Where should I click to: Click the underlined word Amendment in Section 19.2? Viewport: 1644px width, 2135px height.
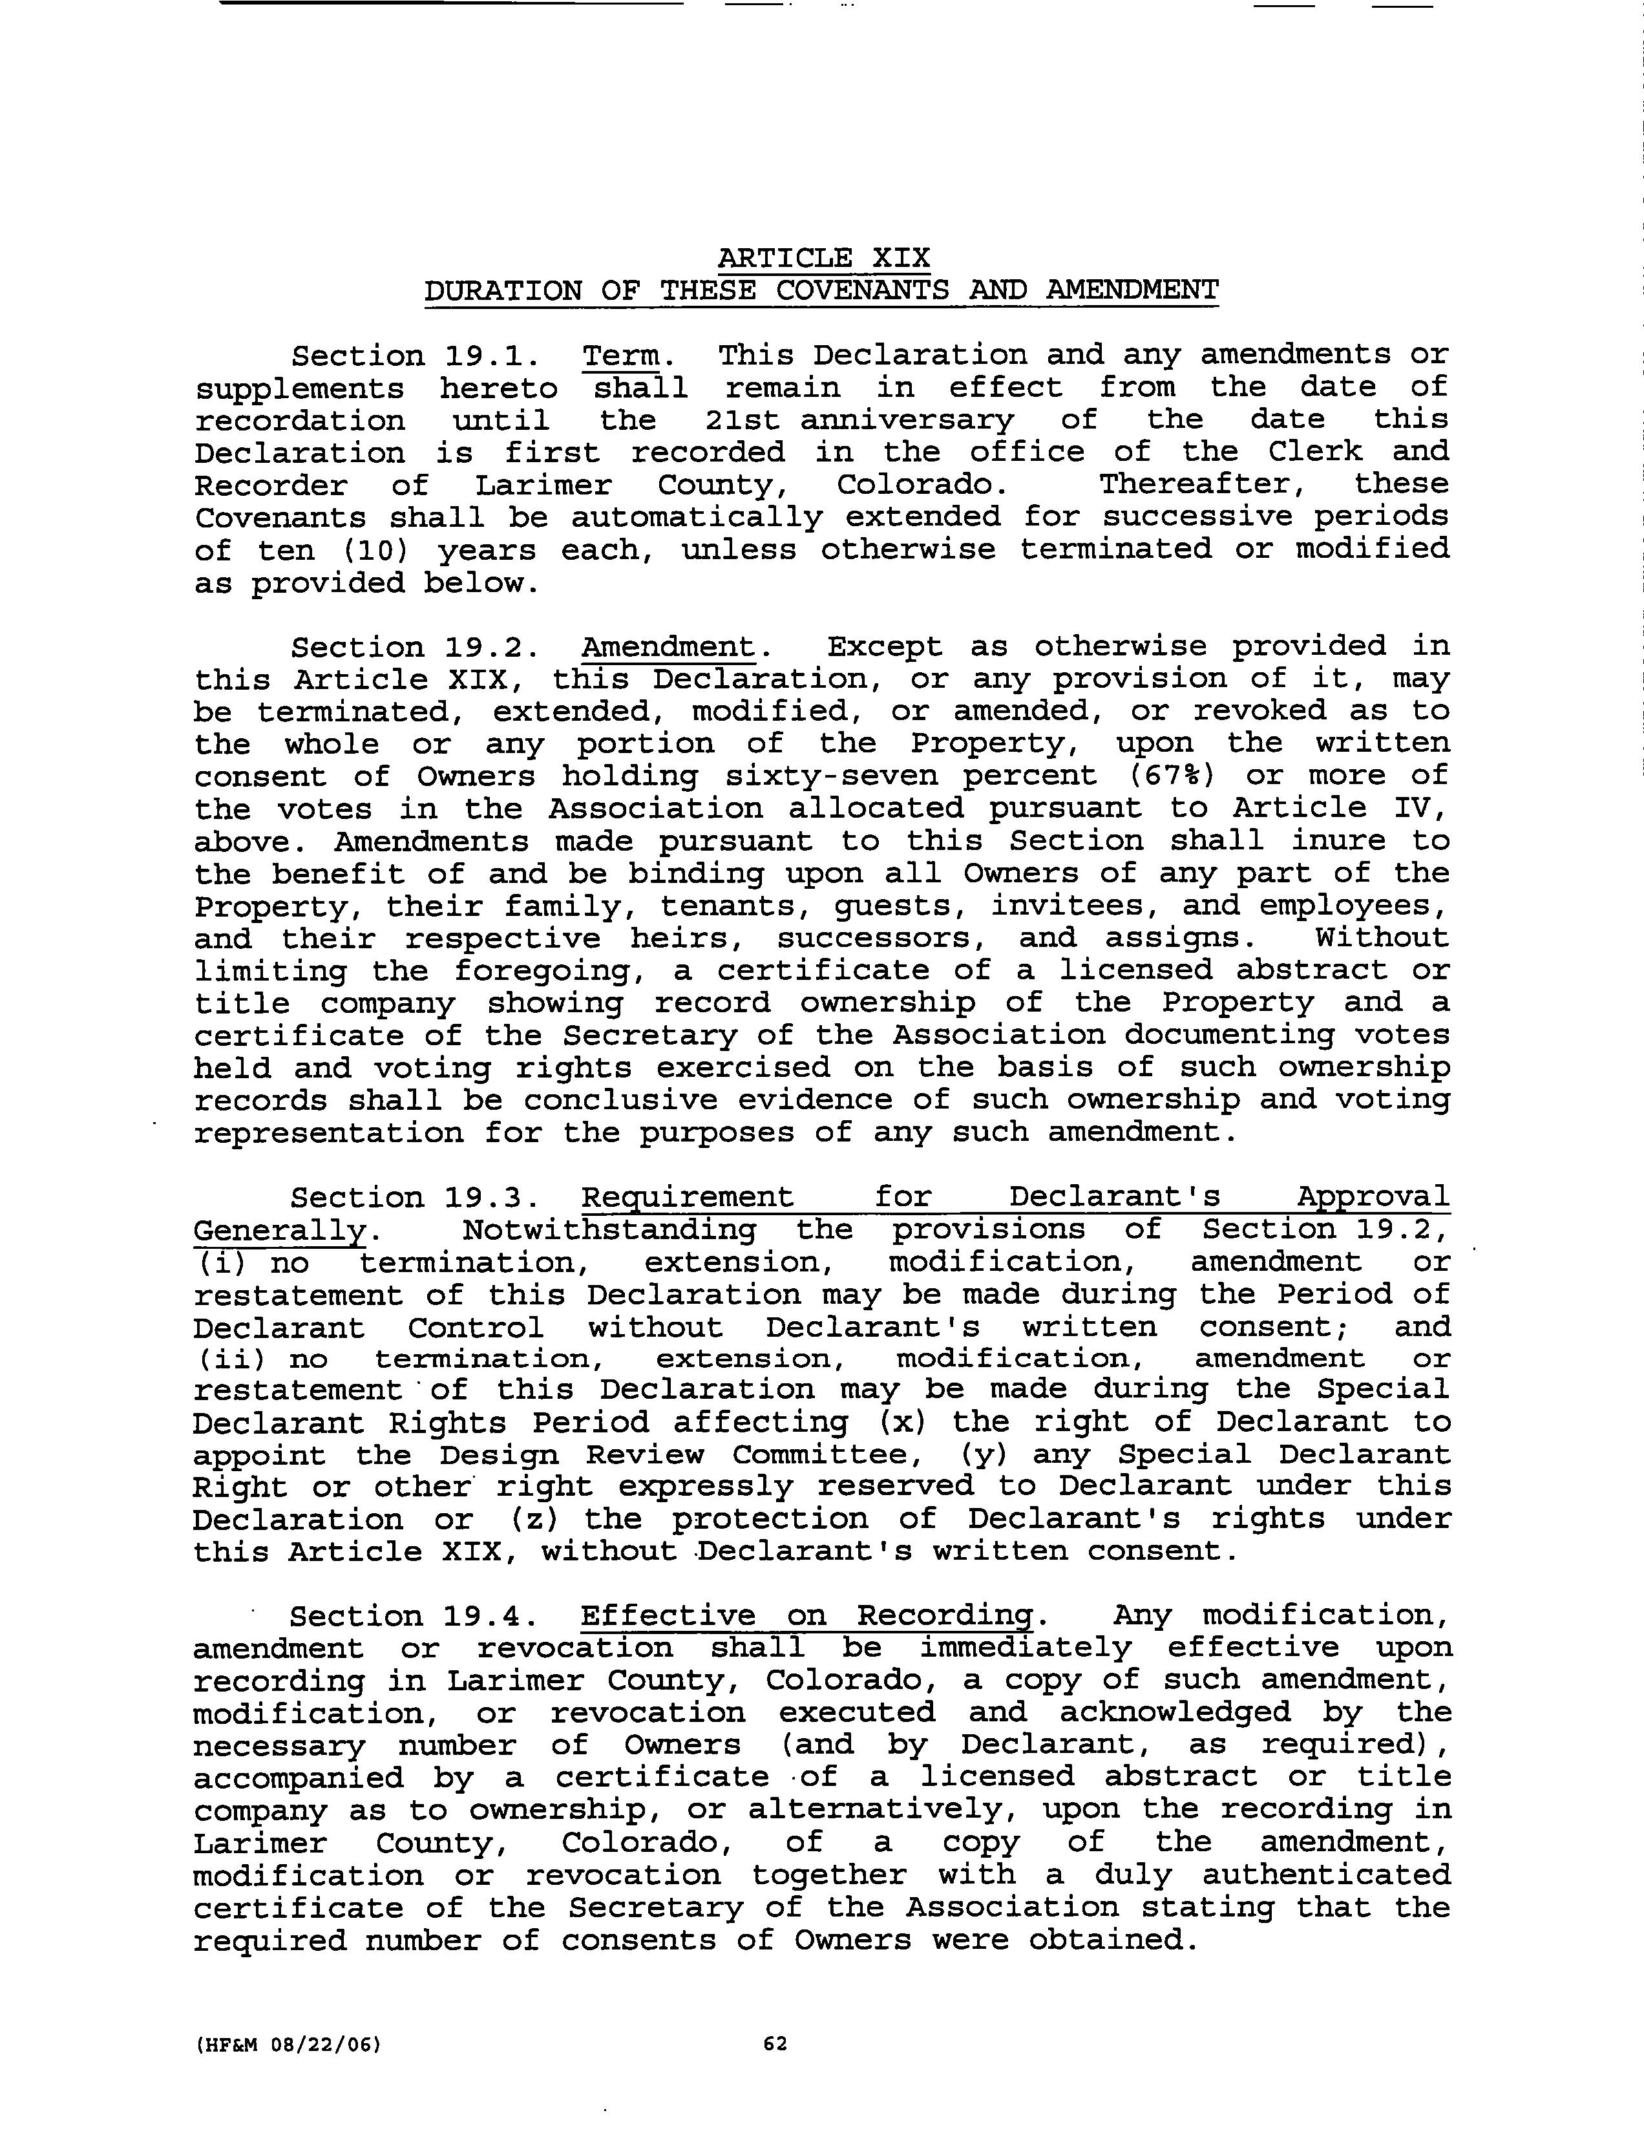[x=669, y=647]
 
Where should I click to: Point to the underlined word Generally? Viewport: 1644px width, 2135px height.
[x=279, y=1230]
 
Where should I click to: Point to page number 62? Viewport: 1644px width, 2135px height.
[x=775, y=2044]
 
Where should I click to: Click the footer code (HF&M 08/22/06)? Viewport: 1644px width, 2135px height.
[x=286, y=2044]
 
